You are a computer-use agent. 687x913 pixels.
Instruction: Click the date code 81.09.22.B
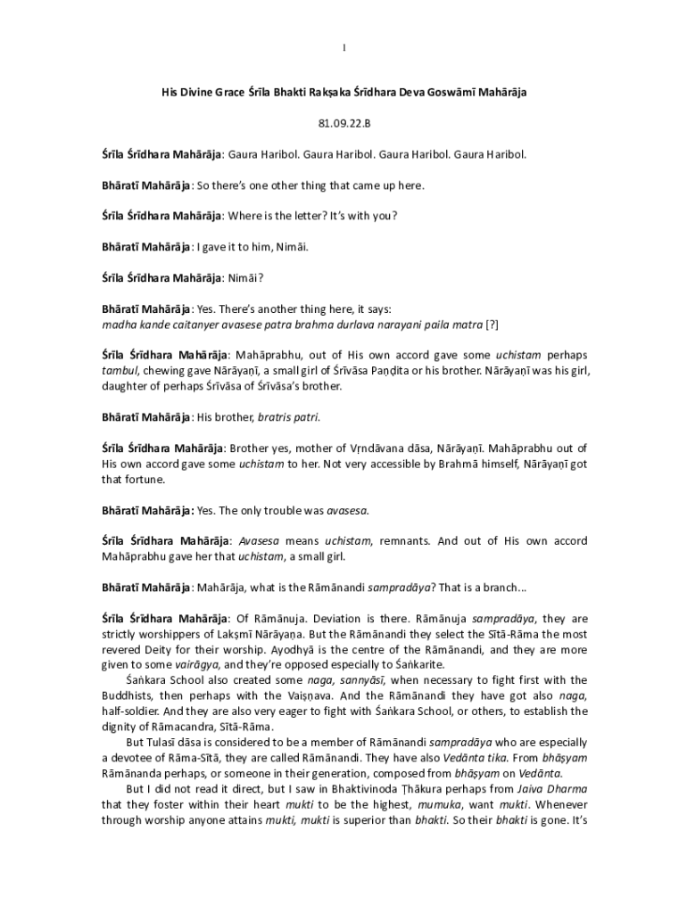343,122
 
